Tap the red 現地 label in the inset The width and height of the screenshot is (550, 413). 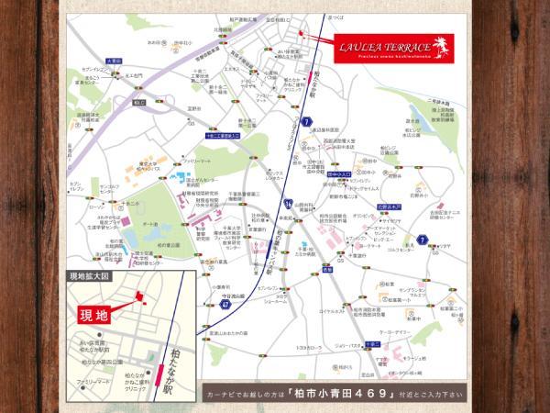(x=94, y=314)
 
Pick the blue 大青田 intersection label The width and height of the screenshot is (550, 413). (x=114, y=61)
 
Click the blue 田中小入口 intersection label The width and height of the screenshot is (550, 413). (x=339, y=170)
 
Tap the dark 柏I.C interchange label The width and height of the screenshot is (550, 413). (x=138, y=102)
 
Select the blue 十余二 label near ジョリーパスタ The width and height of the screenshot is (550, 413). (x=371, y=342)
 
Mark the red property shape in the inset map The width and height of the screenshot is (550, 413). (x=139, y=296)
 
